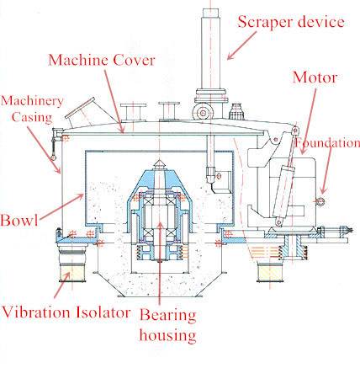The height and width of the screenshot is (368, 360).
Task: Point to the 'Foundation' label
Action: pos(333,143)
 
